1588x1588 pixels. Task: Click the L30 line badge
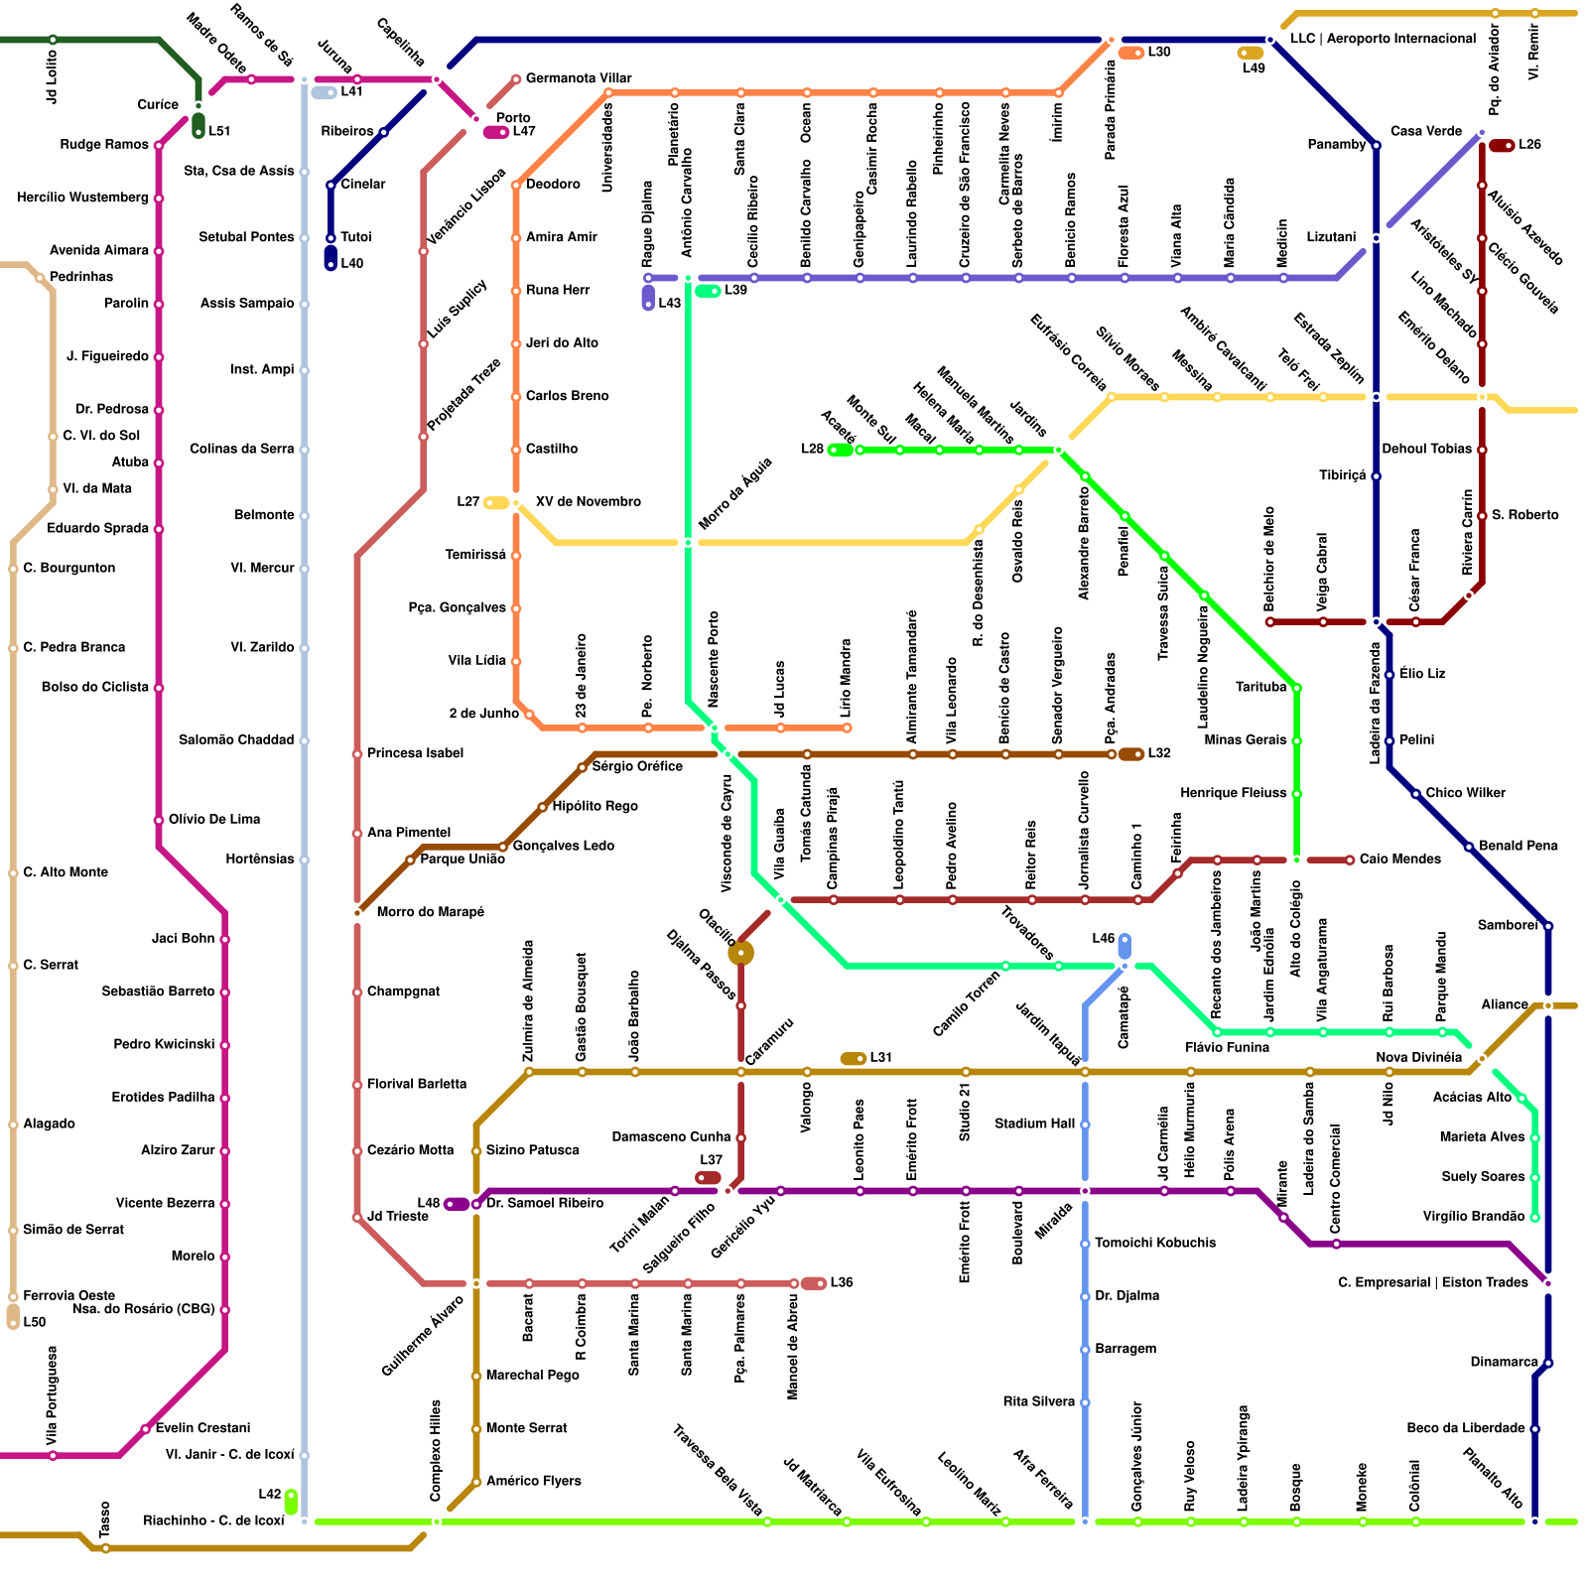point(1131,53)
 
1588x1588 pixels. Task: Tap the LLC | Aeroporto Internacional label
point(1383,39)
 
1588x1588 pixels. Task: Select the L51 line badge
point(198,127)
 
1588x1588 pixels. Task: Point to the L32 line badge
point(1131,754)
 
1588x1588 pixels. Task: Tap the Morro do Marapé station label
point(430,912)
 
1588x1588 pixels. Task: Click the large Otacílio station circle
point(740,954)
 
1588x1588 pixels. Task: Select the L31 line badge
point(853,1059)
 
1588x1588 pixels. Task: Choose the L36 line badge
point(814,1283)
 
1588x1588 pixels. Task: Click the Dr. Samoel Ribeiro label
point(544,1204)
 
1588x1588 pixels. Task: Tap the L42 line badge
point(291,1502)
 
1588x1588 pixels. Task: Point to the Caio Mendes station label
point(1399,860)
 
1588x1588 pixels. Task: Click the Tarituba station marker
point(1296,688)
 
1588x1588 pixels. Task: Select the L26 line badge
point(1502,146)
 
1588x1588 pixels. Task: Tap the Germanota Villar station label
point(578,78)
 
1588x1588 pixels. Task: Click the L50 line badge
point(13,1317)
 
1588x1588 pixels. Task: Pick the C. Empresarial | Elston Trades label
point(1432,1283)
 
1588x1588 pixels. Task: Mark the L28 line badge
point(840,450)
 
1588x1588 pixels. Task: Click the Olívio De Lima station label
point(213,820)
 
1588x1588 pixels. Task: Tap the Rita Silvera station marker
point(1085,1402)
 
